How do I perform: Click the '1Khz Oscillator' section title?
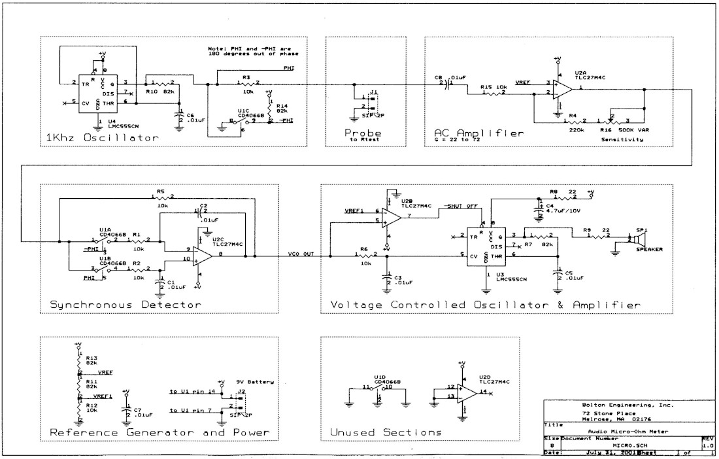pos(103,138)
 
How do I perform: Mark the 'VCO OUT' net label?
pos(301,254)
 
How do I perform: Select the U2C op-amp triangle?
pos(203,255)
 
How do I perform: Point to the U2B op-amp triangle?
pos(393,216)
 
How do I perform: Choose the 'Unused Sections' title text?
pos(387,432)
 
